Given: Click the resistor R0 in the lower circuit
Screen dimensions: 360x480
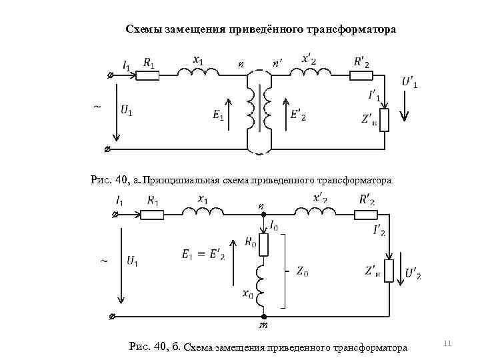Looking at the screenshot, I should (264, 245).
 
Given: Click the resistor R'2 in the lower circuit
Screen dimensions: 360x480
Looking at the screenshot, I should (365, 214).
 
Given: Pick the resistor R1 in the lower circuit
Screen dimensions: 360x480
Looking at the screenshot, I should (153, 214).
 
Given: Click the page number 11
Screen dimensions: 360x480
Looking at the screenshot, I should (447, 343).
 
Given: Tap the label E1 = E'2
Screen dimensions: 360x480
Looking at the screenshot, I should (203, 254).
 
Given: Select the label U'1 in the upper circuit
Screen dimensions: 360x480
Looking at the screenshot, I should (411, 83).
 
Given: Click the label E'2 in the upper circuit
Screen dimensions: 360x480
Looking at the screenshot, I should (299, 115).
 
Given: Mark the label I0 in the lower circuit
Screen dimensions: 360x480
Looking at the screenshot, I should (273, 227).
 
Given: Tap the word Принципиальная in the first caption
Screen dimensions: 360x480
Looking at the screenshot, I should (181, 180).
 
